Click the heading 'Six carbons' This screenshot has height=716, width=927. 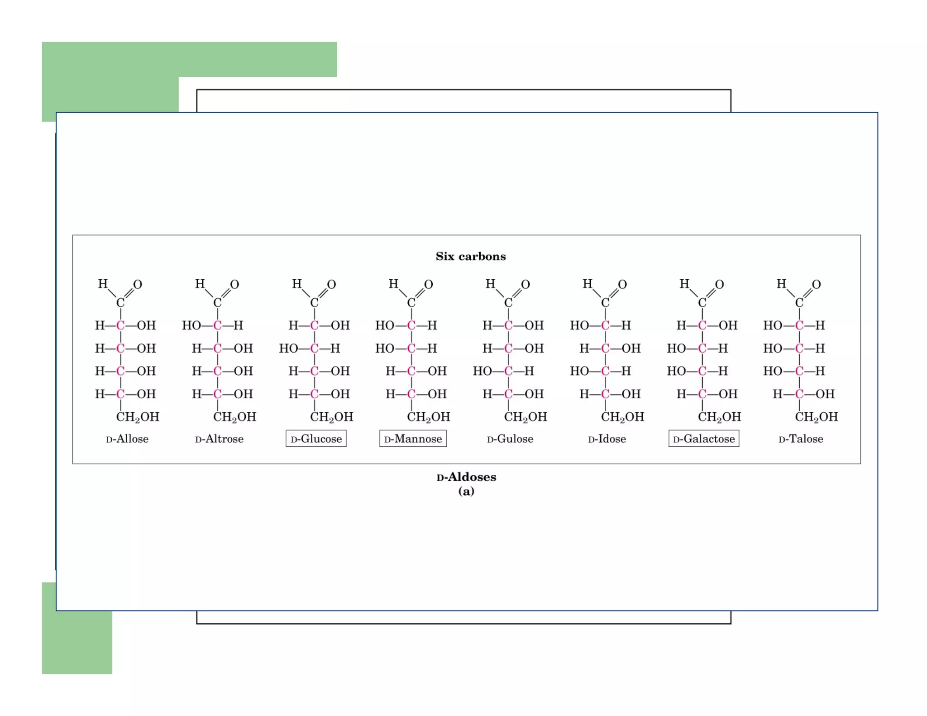pyautogui.click(x=471, y=256)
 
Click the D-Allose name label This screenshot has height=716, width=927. pyautogui.click(x=127, y=439)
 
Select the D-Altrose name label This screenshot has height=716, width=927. pyautogui.click(x=220, y=439)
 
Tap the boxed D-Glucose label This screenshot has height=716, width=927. pyautogui.click(x=316, y=439)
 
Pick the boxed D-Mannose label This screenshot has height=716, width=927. pyautogui.click(x=413, y=439)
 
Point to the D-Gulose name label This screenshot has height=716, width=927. pyautogui.click(x=510, y=439)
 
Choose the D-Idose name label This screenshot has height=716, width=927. pyautogui.click(x=607, y=439)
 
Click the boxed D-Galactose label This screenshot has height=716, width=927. pyautogui.click(x=704, y=439)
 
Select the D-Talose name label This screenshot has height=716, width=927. pyautogui.click(x=801, y=439)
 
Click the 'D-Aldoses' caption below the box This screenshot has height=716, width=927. pyautogui.click(x=466, y=477)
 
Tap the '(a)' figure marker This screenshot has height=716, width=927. pyautogui.click(x=466, y=491)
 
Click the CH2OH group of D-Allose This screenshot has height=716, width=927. pyautogui.click(x=138, y=417)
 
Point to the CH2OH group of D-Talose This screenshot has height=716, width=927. pyautogui.click(x=816, y=417)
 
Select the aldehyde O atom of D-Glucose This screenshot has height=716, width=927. pyautogui.click(x=331, y=285)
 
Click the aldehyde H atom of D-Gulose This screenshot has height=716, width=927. pyautogui.click(x=490, y=284)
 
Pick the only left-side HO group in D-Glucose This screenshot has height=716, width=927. pyautogui.click(x=288, y=348)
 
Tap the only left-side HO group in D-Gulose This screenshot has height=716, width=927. pyautogui.click(x=482, y=371)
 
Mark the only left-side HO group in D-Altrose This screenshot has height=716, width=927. pyautogui.click(x=191, y=325)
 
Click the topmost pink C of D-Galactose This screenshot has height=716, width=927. pyautogui.click(x=702, y=325)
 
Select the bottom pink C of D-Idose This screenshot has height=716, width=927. pyautogui.click(x=605, y=394)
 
